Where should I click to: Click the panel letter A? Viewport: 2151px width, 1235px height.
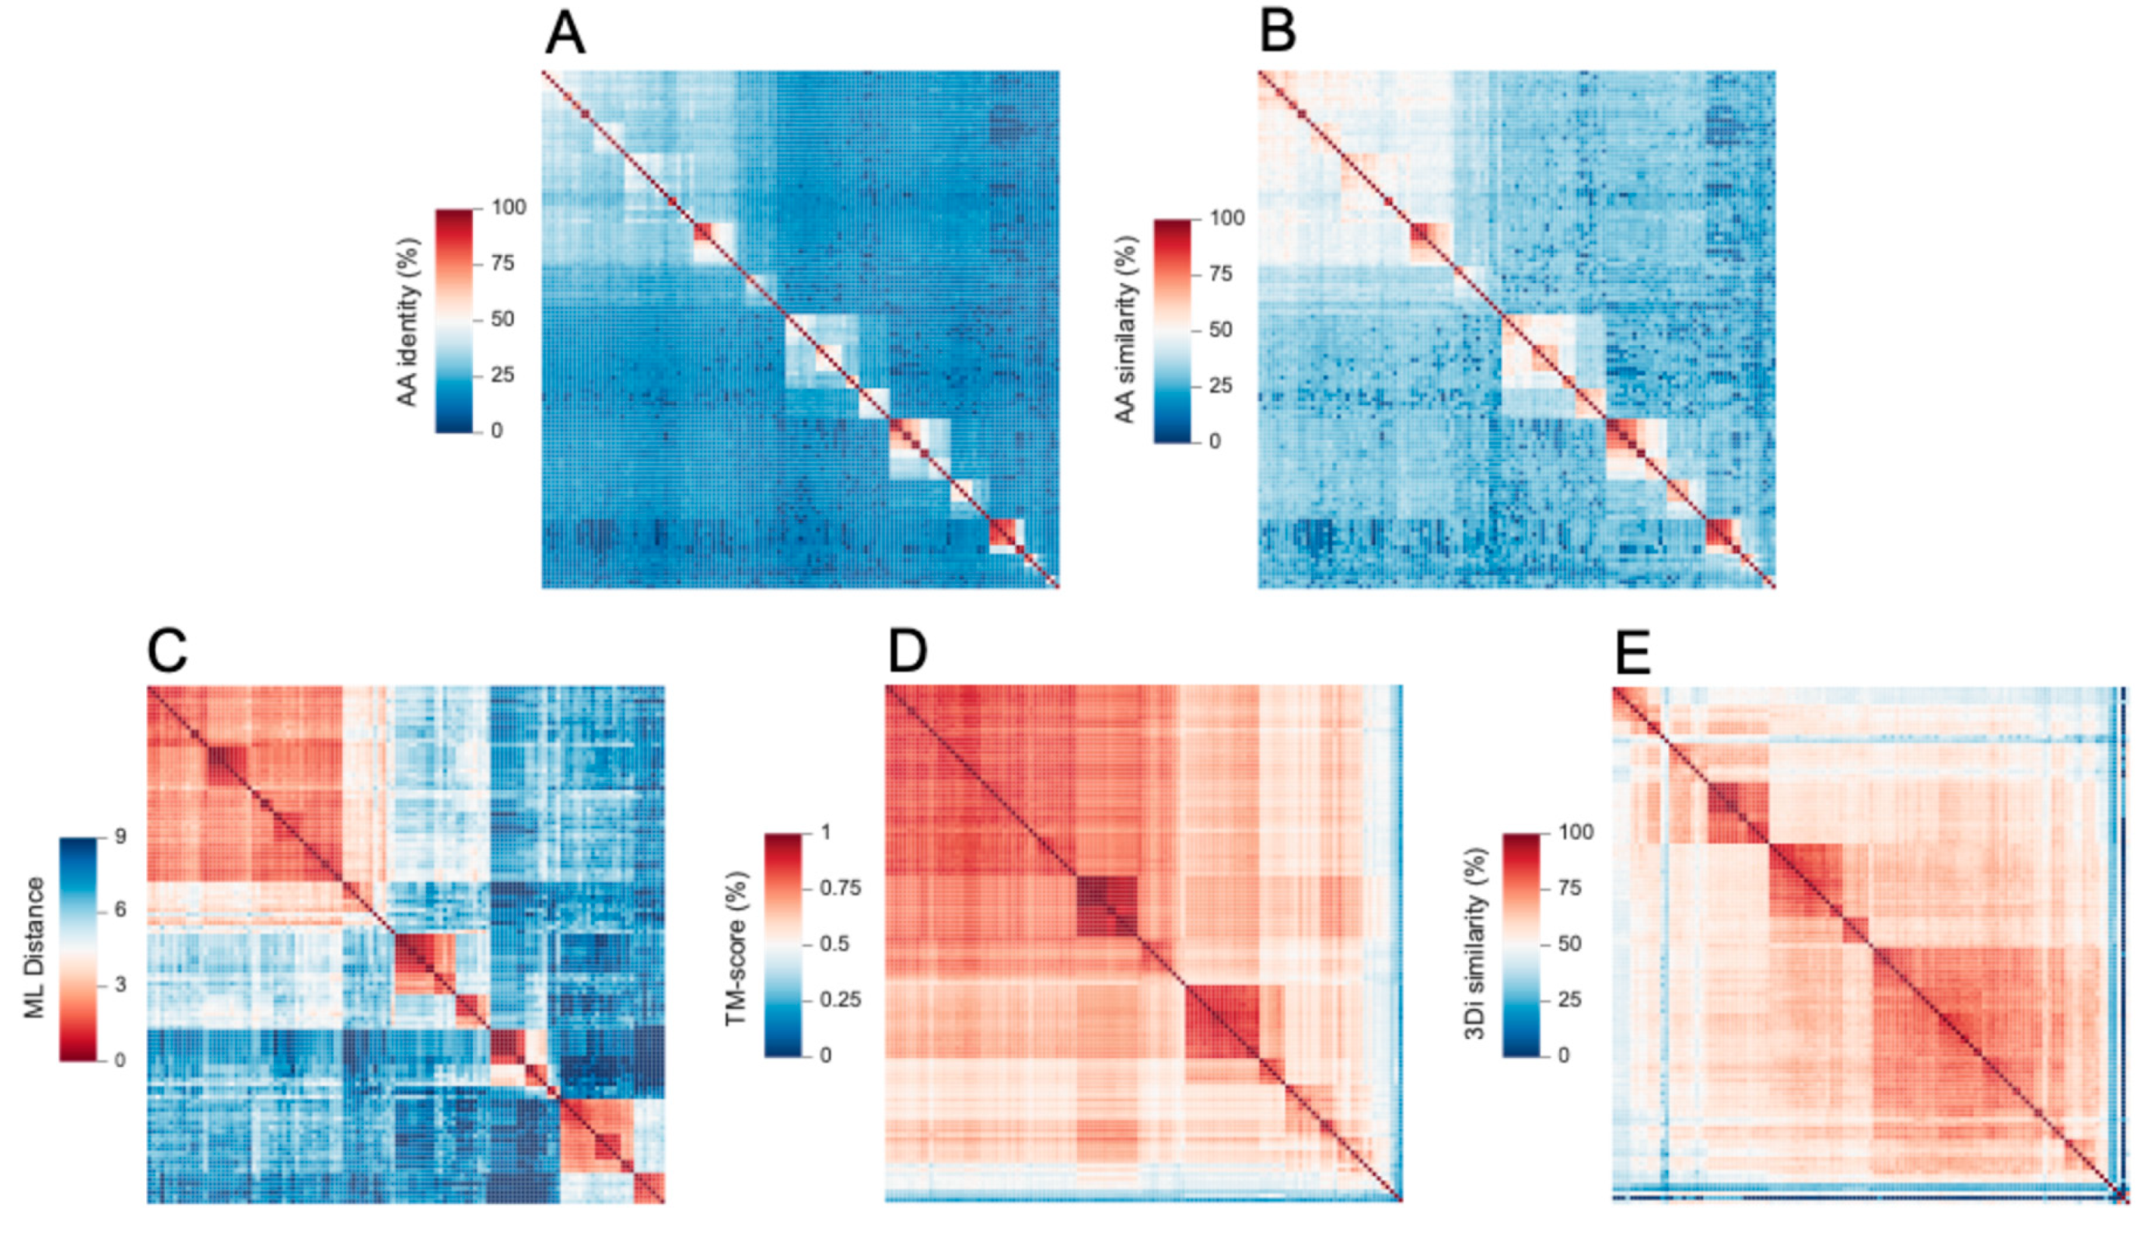[x=565, y=35]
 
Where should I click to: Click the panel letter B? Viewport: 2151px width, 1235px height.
[x=1278, y=33]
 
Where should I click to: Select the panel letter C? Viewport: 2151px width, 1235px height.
[x=167, y=651]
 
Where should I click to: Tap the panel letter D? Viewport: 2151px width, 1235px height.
[x=907, y=651]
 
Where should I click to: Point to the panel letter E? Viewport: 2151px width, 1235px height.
[x=1632, y=653]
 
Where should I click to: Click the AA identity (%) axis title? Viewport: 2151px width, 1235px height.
[x=408, y=322]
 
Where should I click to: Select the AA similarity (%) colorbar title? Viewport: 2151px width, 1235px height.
[x=1125, y=329]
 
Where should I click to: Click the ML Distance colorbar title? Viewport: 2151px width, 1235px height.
[x=34, y=947]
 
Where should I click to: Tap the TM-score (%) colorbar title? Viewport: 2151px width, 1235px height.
[x=736, y=947]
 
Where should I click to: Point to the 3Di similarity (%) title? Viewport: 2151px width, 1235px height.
[x=1477, y=944]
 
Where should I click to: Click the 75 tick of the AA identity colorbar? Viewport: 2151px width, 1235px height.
[x=502, y=263]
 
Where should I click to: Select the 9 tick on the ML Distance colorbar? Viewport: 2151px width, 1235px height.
[x=120, y=837]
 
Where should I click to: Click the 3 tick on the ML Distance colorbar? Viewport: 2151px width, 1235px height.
[x=120, y=985]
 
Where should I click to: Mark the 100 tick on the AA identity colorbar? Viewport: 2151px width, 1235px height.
[x=509, y=208]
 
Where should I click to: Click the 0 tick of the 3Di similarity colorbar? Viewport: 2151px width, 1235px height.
[x=1563, y=1055]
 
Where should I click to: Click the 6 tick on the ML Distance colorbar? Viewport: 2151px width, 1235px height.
[x=120, y=910]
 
